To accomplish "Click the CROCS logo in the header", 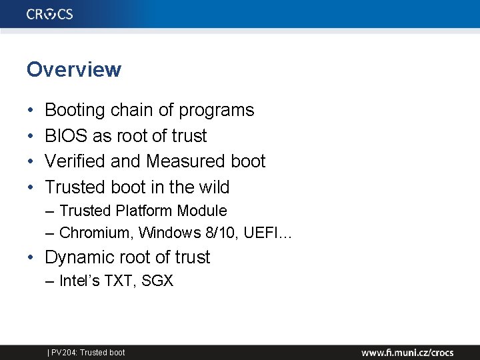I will coord(50,14).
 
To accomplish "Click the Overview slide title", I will coord(74,69).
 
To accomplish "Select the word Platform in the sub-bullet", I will coord(144,211).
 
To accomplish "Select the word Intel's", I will coord(79,281).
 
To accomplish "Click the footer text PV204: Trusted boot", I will coord(87,352).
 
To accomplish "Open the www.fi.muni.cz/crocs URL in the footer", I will coord(407,352).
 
